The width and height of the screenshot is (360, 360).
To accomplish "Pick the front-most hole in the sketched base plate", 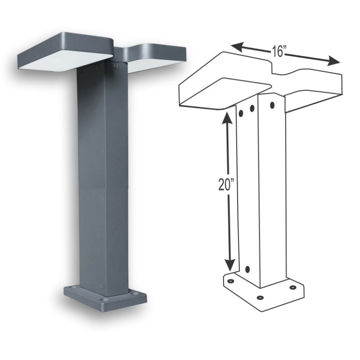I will [x=260, y=297].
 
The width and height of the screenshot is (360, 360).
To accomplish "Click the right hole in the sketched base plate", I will [x=293, y=287].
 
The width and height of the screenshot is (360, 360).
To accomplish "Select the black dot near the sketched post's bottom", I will [x=247, y=270].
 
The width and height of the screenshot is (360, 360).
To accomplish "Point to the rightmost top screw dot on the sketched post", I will [x=272, y=105].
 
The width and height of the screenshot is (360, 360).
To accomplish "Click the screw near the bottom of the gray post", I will [x=102, y=286].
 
